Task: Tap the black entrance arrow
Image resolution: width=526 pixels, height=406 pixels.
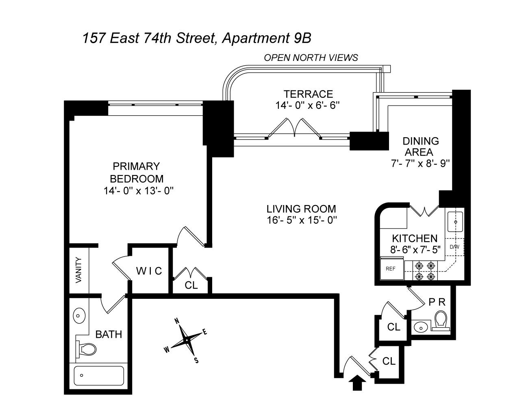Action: click(x=357, y=382)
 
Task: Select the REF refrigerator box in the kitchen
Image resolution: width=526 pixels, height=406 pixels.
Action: click(x=391, y=269)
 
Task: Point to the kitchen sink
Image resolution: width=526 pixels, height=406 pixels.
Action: click(x=455, y=222)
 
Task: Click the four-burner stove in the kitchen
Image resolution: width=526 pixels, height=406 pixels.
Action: click(x=425, y=271)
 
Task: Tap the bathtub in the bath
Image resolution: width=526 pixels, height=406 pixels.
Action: click(x=99, y=376)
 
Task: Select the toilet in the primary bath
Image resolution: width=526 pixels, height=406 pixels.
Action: click(x=86, y=349)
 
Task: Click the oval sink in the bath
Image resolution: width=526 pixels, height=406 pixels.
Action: click(x=79, y=316)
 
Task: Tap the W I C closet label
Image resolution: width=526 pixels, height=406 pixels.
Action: click(x=149, y=271)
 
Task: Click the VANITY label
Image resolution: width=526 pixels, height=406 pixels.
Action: click(x=78, y=270)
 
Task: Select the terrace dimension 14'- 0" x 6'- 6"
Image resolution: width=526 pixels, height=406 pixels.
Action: click(x=308, y=105)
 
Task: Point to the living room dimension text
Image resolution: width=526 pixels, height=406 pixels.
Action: click(x=301, y=220)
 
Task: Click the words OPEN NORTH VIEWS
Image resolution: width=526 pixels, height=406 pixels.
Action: click(x=311, y=58)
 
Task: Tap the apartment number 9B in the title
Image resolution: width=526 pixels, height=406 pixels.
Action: click(x=302, y=38)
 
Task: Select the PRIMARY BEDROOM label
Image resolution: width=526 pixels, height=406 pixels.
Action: click(x=137, y=173)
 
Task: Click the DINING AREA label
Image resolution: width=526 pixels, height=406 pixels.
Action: click(x=420, y=147)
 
